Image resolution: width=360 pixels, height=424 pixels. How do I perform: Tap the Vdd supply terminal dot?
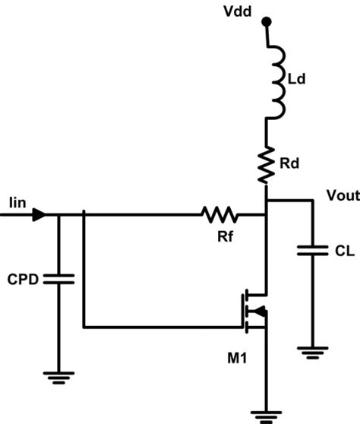(266, 24)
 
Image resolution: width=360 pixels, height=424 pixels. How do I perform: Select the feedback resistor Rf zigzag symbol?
(220, 215)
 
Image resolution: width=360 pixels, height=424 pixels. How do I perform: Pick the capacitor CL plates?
(312, 251)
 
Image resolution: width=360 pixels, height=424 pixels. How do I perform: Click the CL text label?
(342, 252)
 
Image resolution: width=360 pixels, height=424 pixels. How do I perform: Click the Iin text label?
(18, 203)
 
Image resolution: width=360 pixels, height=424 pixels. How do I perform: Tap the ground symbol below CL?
(312, 353)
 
